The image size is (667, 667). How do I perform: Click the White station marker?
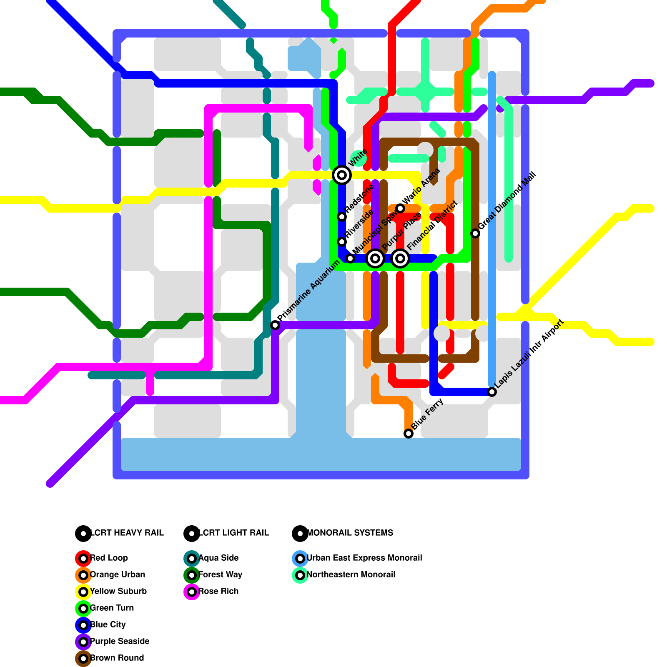coord(342,175)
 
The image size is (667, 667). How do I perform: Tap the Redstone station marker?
coord(342,217)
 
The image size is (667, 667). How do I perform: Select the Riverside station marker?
coord(342,242)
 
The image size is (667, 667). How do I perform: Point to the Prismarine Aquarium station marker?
coord(275,325)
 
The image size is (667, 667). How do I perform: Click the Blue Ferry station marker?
coord(409,434)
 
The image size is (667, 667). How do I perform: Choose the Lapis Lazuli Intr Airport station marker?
coord(492,392)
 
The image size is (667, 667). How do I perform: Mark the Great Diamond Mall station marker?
coord(475,233)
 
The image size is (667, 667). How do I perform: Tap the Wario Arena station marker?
coord(400,208)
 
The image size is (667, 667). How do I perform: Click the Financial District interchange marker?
coord(400,258)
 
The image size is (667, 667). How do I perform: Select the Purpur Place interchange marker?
coord(375,258)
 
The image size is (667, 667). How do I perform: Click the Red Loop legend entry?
coord(108,558)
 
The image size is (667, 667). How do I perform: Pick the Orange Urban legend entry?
coord(117,575)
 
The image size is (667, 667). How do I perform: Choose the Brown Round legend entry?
coord(117,658)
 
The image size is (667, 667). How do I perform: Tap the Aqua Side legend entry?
coord(218,558)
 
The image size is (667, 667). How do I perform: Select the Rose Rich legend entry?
coord(218,592)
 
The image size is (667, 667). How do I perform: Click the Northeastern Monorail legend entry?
coord(351,575)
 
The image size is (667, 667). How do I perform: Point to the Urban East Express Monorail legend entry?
coord(364,558)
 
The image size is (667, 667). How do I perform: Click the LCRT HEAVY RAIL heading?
coord(127,533)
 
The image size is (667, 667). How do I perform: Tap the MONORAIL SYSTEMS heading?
coord(349,533)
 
